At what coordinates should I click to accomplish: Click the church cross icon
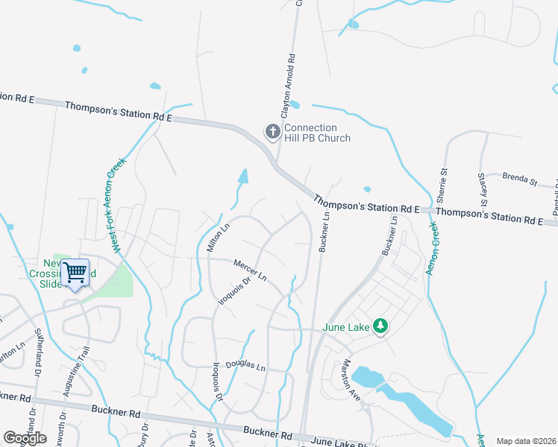[273, 132]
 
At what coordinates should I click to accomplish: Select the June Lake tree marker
[380, 326]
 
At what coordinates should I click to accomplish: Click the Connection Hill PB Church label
[316, 133]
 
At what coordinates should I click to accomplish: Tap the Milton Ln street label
[217, 239]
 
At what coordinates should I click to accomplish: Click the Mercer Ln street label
[250, 270]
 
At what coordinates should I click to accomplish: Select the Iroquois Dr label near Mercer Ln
[233, 296]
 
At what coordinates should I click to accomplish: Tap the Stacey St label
[482, 190]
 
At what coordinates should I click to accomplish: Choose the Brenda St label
[519, 179]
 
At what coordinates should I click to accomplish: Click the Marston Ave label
[351, 381]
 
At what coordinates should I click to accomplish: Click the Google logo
[25, 438]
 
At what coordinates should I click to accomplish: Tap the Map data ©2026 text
[525, 441]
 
